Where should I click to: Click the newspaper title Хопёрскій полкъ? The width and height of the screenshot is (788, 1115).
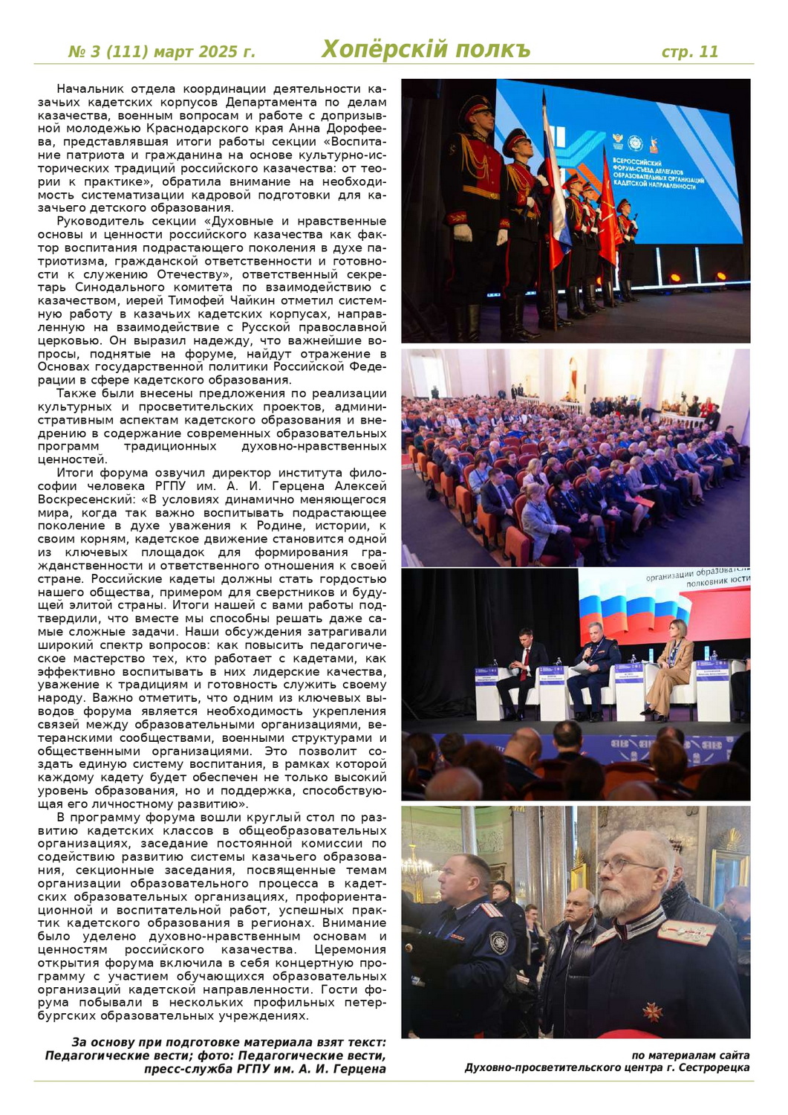[x=426, y=50]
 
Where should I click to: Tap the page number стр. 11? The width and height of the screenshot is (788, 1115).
[x=689, y=51]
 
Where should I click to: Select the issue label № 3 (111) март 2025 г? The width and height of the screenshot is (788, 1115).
[x=161, y=51]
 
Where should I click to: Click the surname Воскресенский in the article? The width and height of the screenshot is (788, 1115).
[x=86, y=500]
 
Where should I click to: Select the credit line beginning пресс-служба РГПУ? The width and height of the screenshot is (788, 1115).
[x=265, y=1069]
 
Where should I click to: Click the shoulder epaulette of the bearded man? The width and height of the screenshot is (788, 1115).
[x=687, y=930]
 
